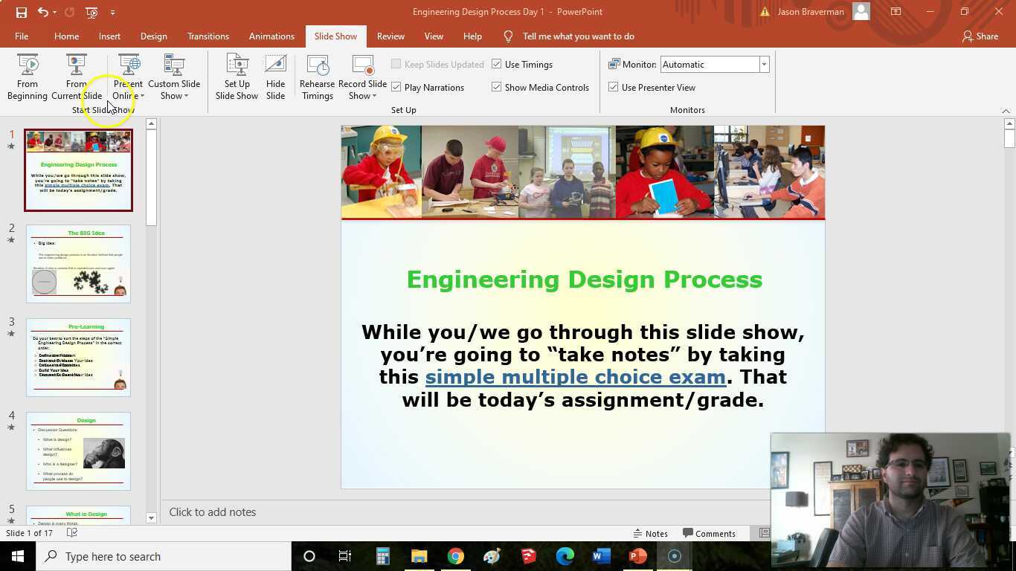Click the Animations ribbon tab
(271, 36)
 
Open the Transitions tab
(208, 36)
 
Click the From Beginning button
(28, 77)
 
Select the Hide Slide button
(275, 77)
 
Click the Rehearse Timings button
(317, 77)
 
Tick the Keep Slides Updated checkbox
(396, 65)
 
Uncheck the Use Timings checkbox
(497, 65)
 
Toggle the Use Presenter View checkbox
(614, 88)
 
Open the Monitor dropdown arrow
(764, 65)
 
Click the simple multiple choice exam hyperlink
(575, 377)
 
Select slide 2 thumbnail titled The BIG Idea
(78, 264)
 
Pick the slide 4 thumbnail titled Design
(78, 451)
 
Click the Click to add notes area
(213, 512)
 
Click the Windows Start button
(18, 556)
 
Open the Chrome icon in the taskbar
(455, 556)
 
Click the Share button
(980, 36)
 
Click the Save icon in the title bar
(21, 12)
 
